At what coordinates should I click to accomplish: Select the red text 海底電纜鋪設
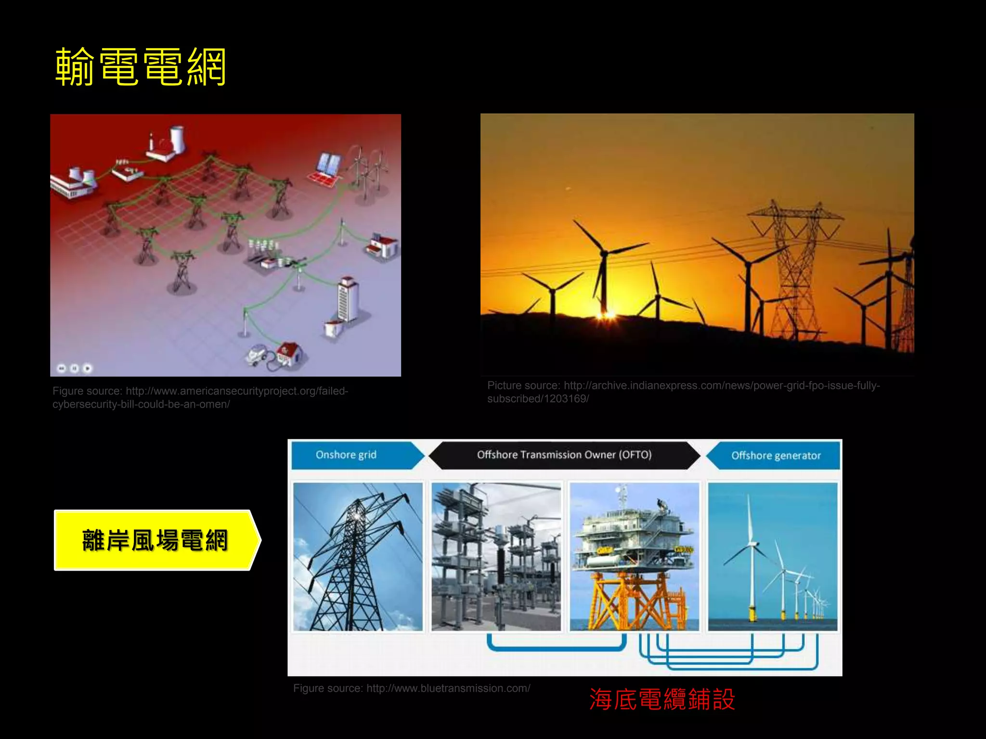tap(662, 699)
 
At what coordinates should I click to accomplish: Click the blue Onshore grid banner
tap(347, 455)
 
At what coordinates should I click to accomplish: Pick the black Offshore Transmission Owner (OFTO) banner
tap(564, 455)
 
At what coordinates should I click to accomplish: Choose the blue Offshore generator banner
tap(776, 456)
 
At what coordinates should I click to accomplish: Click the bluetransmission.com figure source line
tap(412, 688)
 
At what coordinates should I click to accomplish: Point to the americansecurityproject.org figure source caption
tap(200, 397)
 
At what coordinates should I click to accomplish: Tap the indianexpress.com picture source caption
tap(683, 392)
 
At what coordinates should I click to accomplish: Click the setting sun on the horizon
tap(608, 315)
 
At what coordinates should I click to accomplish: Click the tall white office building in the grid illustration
tap(348, 298)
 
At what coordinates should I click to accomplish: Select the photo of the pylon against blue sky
tap(358, 557)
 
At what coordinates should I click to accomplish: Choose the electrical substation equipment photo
tap(496, 557)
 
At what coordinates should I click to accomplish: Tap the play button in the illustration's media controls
tap(87, 369)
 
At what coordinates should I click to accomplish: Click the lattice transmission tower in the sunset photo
tap(794, 269)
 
